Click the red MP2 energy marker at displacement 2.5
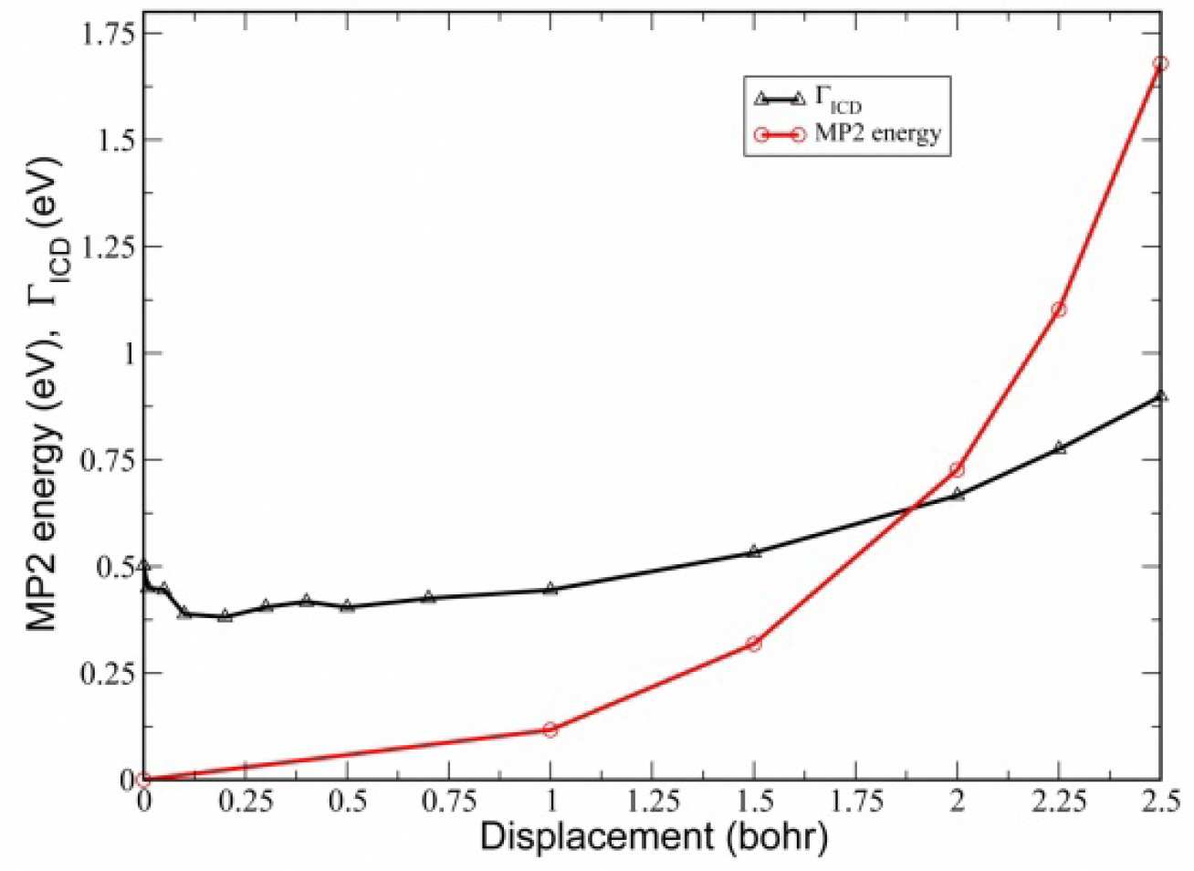(x=1160, y=64)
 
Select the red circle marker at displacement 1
(x=550, y=729)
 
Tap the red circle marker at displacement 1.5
(x=753, y=644)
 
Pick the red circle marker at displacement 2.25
(x=1059, y=310)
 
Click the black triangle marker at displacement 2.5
(x=1160, y=396)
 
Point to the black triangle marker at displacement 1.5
(x=753, y=551)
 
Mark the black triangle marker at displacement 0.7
(x=428, y=597)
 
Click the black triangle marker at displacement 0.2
(x=225, y=615)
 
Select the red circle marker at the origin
(x=142, y=780)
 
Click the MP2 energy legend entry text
(x=877, y=133)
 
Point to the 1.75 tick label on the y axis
(x=108, y=34)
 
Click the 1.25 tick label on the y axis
(x=108, y=247)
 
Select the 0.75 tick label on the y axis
(x=108, y=459)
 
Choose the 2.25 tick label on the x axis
(x=1059, y=803)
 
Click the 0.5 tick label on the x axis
(x=347, y=803)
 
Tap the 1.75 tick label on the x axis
(x=855, y=803)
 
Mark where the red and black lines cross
(x=913, y=507)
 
